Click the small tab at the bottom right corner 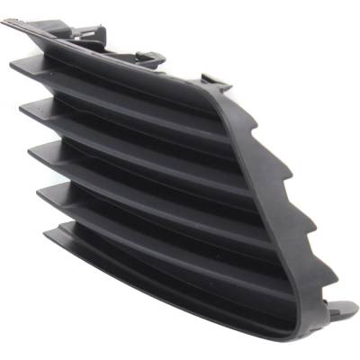coord(344,310)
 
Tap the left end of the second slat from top coord(25,108)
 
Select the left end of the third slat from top coord(34,149)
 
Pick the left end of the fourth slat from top coord(41,191)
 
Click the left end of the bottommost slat coord(50,232)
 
